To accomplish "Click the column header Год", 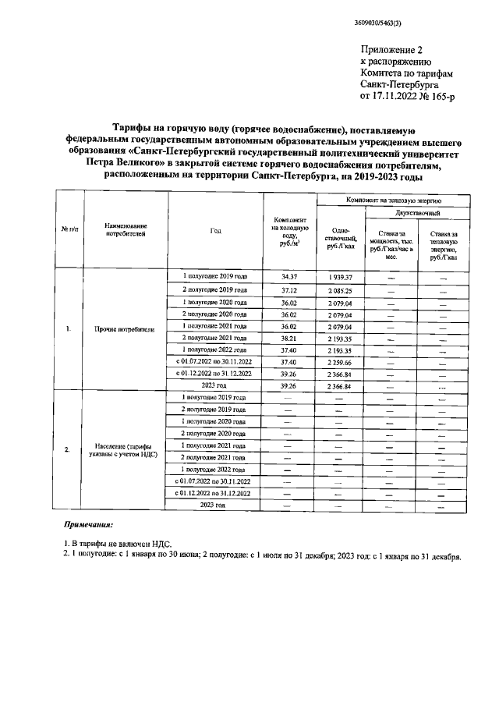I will (215, 230).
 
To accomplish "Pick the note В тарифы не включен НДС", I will (120, 543).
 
